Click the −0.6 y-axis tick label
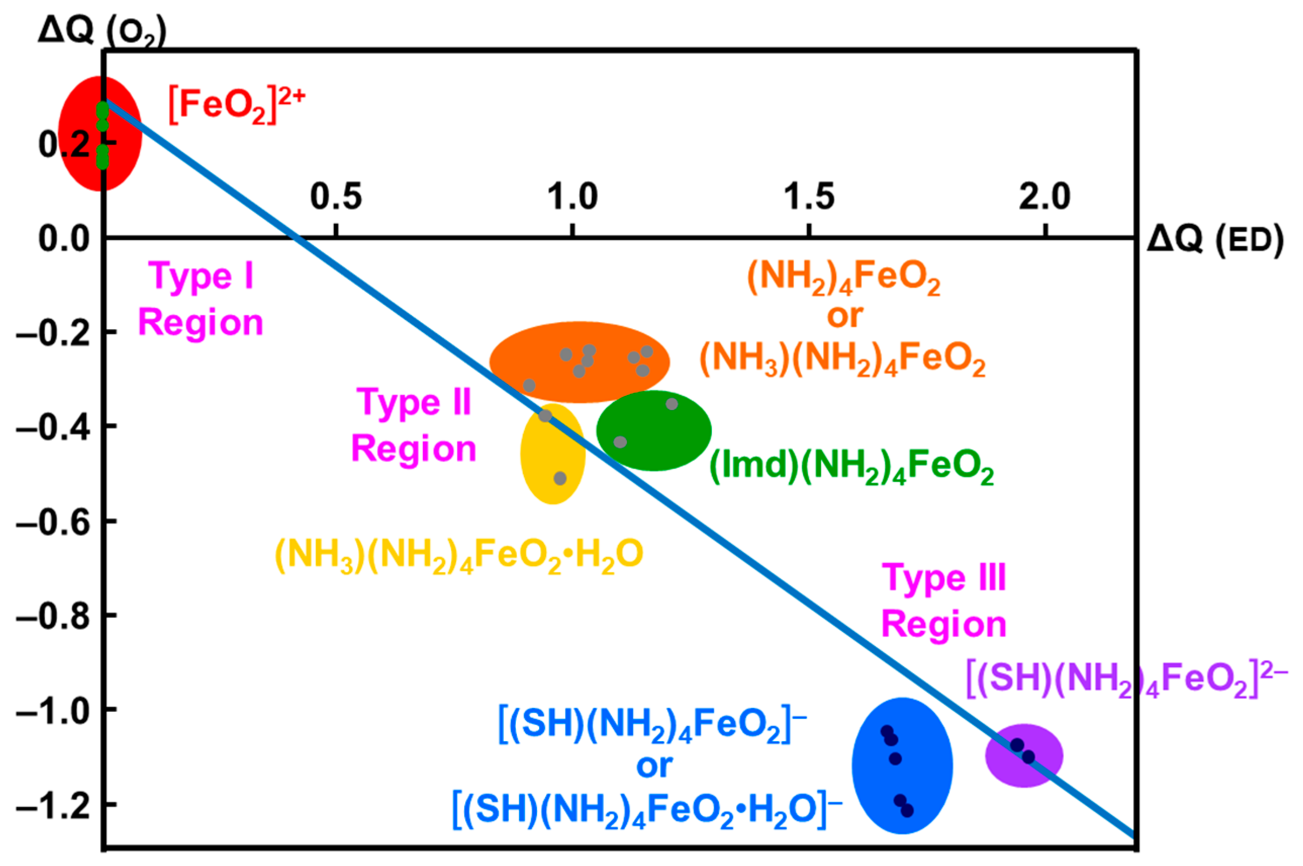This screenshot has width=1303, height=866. point(53,522)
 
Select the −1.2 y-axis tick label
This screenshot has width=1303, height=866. point(53,805)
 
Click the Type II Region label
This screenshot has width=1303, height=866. point(414,425)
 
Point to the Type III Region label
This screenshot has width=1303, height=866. point(944,601)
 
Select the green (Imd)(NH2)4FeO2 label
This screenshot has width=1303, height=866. point(851,467)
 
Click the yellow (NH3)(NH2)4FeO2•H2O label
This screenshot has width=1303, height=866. point(459,555)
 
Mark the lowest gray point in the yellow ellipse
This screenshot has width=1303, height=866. point(560,478)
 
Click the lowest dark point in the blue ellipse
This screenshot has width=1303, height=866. point(907,810)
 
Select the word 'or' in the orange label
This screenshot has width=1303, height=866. point(845,316)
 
